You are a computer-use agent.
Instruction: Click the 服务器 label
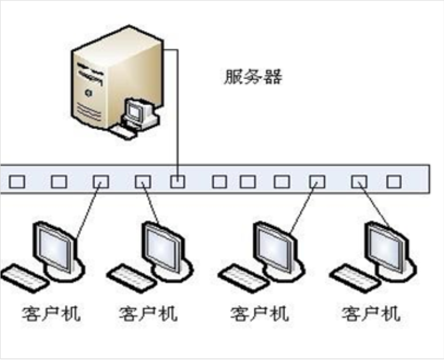[x=253, y=78]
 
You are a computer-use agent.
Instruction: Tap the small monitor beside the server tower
[x=136, y=112]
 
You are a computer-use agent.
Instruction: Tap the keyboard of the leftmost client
[x=24, y=276]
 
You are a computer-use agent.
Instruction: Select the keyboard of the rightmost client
[x=354, y=276]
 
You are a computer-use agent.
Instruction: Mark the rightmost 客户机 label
[x=371, y=313]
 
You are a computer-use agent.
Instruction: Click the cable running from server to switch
[x=177, y=115]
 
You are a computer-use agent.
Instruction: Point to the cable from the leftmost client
[x=88, y=211]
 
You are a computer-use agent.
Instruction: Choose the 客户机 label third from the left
[x=259, y=313]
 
